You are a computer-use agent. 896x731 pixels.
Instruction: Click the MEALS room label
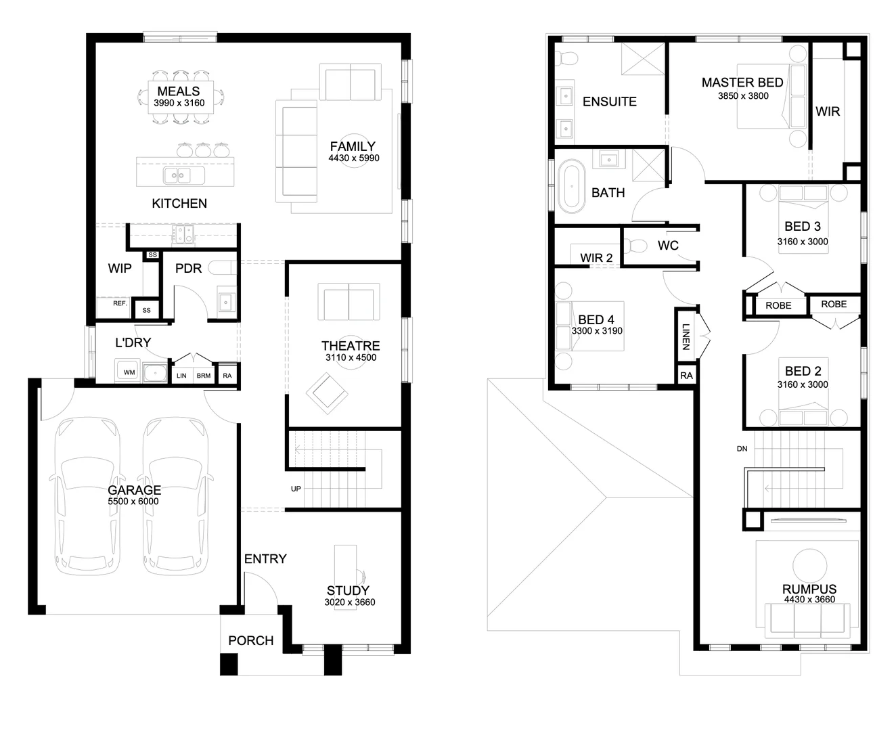click(x=178, y=91)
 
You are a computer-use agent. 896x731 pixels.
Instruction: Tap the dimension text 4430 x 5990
click(x=354, y=158)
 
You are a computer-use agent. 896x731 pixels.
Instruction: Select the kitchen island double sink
click(x=179, y=176)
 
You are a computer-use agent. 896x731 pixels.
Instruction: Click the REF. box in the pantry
click(x=120, y=304)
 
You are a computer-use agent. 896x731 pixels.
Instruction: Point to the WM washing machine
click(x=129, y=372)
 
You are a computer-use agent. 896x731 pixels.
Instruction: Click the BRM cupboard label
click(x=203, y=376)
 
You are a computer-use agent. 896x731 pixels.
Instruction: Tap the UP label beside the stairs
click(x=296, y=489)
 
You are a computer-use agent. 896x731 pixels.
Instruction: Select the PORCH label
click(x=250, y=640)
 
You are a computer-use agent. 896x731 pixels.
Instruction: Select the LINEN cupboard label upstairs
click(x=686, y=337)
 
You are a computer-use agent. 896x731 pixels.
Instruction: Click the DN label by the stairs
click(x=742, y=449)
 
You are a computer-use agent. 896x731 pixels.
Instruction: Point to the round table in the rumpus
click(x=809, y=564)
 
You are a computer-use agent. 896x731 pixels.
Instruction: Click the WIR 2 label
click(x=596, y=258)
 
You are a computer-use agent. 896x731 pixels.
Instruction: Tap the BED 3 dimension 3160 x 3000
click(x=803, y=242)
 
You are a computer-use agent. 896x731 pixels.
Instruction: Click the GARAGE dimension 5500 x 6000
click(x=133, y=502)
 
